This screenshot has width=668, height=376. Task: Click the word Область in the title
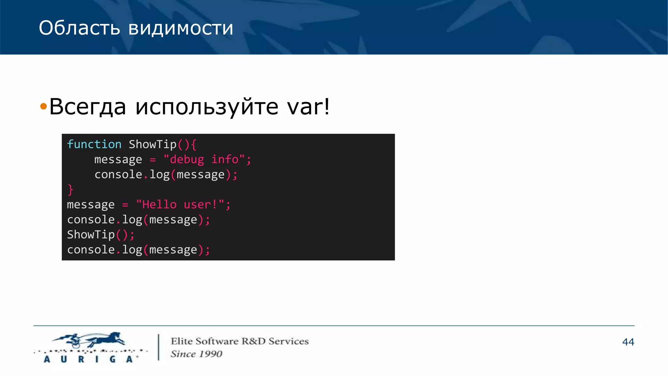coord(79,28)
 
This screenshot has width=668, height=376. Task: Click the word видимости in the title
coord(181,28)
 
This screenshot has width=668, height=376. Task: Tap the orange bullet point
coord(43,106)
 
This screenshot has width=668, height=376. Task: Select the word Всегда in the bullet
coord(87,106)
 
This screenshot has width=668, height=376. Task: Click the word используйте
coord(207,107)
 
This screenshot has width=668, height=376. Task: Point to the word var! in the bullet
coord(308,106)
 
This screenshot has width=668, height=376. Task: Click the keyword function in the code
coord(94,144)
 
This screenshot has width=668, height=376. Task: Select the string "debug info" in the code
coord(204,159)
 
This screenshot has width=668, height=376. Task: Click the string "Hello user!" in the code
coord(180,205)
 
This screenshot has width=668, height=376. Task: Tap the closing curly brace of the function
coord(70,190)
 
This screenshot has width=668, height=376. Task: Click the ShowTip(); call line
coord(100,235)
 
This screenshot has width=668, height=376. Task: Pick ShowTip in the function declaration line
coord(152,144)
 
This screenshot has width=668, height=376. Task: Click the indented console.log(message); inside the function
coord(166,175)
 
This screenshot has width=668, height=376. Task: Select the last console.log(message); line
coord(138,250)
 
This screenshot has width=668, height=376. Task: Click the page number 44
coord(628,342)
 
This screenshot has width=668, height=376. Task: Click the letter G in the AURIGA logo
coord(113,359)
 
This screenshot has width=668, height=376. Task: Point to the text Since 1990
coord(196,354)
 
